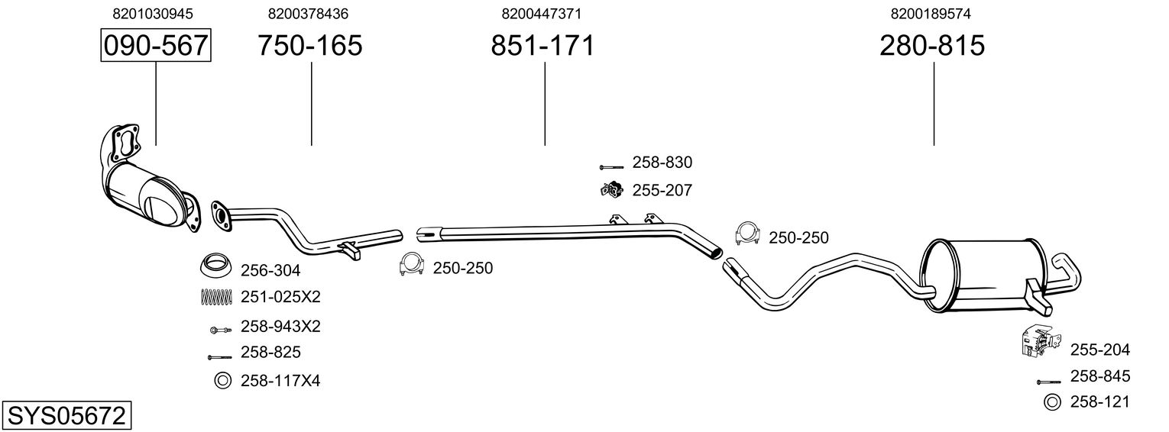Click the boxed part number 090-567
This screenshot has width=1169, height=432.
click(x=156, y=45)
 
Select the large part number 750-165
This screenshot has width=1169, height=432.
click(x=310, y=45)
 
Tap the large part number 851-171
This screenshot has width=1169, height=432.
click(x=542, y=45)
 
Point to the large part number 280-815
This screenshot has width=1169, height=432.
click(x=932, y=45)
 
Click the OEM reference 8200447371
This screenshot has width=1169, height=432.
click(x=541, y=14)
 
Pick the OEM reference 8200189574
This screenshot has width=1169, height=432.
click(x=931, y=14)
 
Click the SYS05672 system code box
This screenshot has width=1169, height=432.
click(x=66, y=416)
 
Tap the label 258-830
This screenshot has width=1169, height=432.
click(x=662, y=163)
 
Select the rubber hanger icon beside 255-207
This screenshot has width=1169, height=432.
click(x=611, y=190)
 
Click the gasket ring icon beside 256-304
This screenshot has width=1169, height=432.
click(x=216, y=266)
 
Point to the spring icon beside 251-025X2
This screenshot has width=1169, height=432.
click(x=216, y=296)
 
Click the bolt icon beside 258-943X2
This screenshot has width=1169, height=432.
click(x=220, y=330)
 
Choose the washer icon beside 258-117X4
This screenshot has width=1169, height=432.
click(x=223, y=381)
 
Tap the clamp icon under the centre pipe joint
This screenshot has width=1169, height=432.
click(x=411, y=264)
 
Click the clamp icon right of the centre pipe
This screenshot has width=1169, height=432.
click(x=747, y=233)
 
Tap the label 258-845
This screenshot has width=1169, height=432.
click(x=1100, y=376)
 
